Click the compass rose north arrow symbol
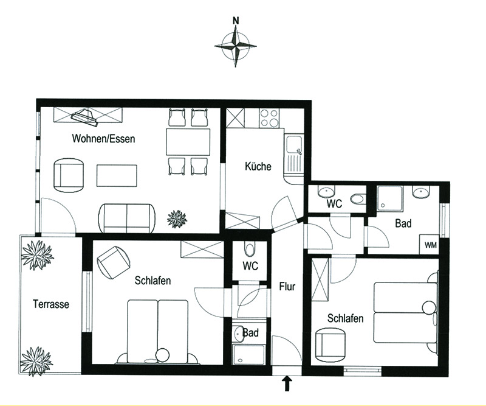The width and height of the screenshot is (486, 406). (236, 46)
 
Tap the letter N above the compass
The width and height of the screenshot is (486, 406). (236, 21)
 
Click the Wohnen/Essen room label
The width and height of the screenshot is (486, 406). (103, 139)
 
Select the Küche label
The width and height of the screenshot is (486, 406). (258, 166)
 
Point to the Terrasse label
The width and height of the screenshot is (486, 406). (51, 304)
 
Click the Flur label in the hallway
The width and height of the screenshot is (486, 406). (287, 287)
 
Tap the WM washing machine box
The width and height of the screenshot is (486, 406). (430, 245)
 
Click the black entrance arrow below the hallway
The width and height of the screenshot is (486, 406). (288, 383)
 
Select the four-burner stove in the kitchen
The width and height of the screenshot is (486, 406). (269, 118)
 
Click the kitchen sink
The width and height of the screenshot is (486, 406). (294, 155)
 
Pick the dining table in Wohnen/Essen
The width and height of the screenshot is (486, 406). (188, 142)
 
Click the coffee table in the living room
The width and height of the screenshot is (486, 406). (117, 176)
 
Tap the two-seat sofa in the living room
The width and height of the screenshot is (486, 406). (127, 218)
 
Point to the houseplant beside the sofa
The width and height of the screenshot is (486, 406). (177, 219)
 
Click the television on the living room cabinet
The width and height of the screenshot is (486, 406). (84, 117)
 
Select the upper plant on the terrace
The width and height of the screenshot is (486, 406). (37, 255)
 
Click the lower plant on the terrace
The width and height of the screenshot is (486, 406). (36, 362)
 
